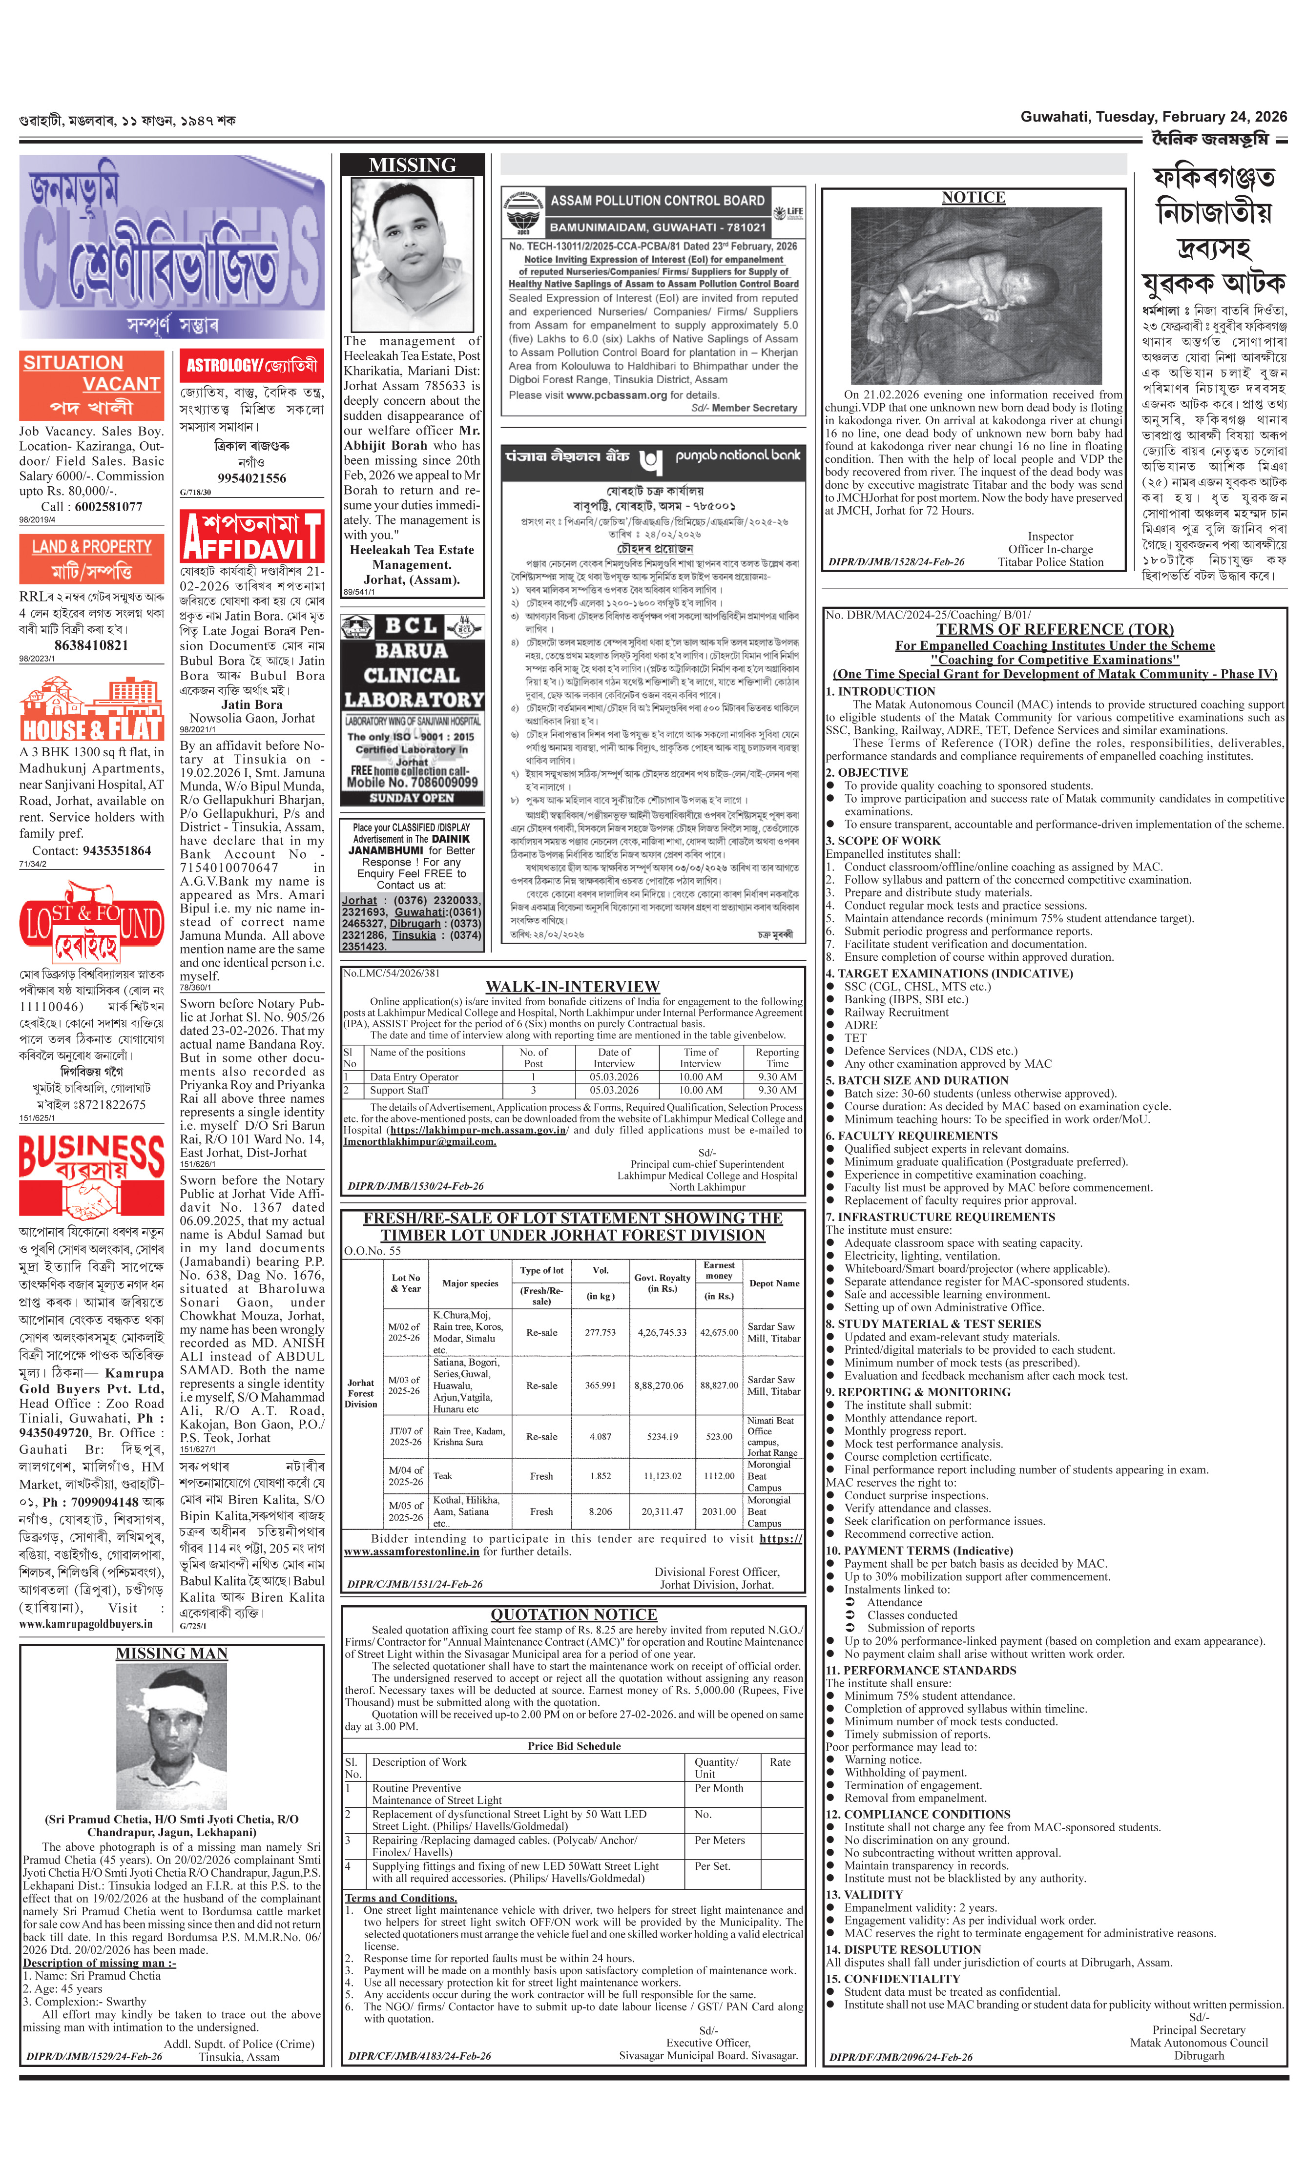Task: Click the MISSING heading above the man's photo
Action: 412,165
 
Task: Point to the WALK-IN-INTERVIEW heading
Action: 572,987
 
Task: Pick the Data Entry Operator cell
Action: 414,1076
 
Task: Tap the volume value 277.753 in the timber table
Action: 600,1332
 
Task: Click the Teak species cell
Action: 443,1476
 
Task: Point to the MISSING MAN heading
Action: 171,1654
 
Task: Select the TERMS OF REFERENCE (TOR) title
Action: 1054,629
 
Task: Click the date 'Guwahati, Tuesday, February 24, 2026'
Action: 1153,117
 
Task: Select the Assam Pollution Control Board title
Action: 658,201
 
